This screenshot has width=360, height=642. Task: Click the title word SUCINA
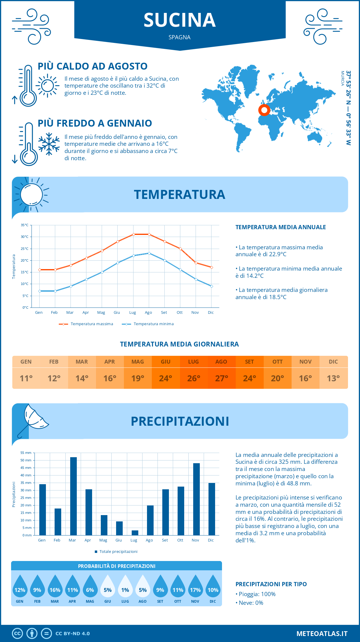(180, 20)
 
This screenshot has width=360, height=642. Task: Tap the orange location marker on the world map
(264, 110)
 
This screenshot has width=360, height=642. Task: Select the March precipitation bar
(73, 496)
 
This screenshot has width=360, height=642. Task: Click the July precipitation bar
(135, 532)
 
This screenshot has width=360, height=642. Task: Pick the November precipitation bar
(196, 499)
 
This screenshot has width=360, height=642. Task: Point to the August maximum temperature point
(149, 234)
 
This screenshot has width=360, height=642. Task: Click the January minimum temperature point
(40, 291)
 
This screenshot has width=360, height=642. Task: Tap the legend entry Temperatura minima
(153, 324)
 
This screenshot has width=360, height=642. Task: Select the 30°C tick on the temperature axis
(25, 237)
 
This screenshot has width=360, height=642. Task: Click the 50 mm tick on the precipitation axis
(26, 460)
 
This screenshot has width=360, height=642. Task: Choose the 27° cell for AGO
(221, 378)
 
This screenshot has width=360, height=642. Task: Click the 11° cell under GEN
(26, 378)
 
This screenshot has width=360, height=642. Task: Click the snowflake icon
(49, 144)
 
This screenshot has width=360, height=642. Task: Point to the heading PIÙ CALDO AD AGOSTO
(92, 66)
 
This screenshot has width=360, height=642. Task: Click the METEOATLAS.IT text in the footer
(322, 634)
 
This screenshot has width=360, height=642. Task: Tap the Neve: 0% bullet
(251, 603)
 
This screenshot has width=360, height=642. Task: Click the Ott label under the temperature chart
(179, 313)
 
